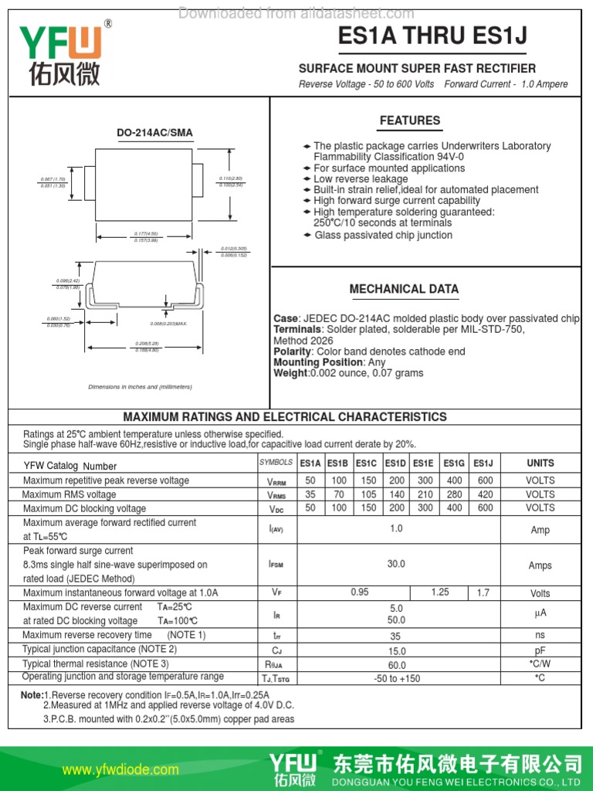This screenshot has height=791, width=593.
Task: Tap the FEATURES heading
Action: (x=410, y=121)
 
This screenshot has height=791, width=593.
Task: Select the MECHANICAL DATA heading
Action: (x=404, y=289)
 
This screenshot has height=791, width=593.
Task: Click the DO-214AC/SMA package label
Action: (x=154, y=133)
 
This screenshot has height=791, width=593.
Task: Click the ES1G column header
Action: (x=454, y=463)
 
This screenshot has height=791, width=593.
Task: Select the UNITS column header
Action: (x=540, y=463)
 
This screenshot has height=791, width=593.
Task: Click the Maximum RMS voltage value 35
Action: (x=310, y=494)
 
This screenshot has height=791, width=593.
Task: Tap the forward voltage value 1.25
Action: (x=440, y=592)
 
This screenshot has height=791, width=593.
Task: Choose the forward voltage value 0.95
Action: (x=359, y=592)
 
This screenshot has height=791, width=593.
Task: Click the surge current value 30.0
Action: (x=396, y=565)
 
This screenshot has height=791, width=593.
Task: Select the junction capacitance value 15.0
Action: (x=396, y=651)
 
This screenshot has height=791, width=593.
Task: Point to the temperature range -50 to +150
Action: (x=396, y=678)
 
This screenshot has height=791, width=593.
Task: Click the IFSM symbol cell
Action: (x=276, y=565)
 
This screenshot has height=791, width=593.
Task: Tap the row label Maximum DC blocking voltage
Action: (x=84, y=508)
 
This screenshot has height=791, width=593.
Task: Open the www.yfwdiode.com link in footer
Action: (x=120, y=769)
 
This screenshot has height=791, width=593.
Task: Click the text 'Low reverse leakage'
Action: (x=361, y=179)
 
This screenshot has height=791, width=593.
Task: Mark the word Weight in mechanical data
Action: (x=290, y=373)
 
